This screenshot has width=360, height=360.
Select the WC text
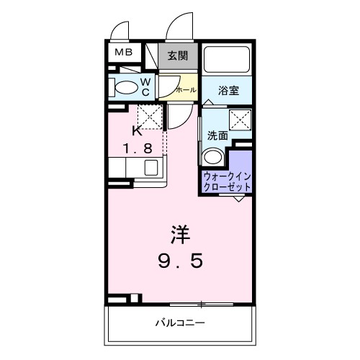coord(144,87)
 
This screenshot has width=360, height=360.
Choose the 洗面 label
coord(217,135)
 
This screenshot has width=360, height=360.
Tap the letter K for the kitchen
coord(137,130)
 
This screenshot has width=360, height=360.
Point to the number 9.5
coord(180,260)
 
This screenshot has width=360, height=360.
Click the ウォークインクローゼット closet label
coord(228,180)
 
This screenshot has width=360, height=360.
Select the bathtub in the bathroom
coord(227,59)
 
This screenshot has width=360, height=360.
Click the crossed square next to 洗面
coord(240,120)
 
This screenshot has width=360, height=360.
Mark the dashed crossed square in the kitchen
coord(150,115)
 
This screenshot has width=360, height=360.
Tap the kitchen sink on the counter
coord(151,168)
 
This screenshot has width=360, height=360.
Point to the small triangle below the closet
coord(238,199)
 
